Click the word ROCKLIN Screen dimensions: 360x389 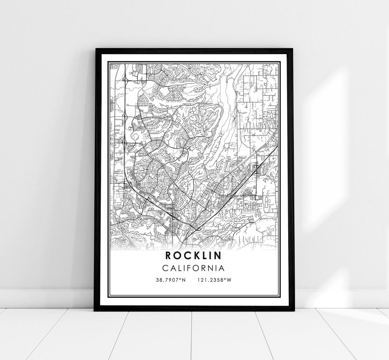click(194, 255)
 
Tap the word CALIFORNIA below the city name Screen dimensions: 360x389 click(194, 268)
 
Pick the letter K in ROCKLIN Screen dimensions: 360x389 click(194, 255)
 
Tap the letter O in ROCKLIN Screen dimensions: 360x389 click(178, 255)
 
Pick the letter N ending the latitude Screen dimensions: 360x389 click(184, 280)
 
